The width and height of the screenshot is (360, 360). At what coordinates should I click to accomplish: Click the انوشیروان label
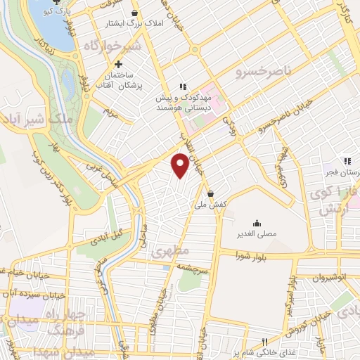pos(331,276)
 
